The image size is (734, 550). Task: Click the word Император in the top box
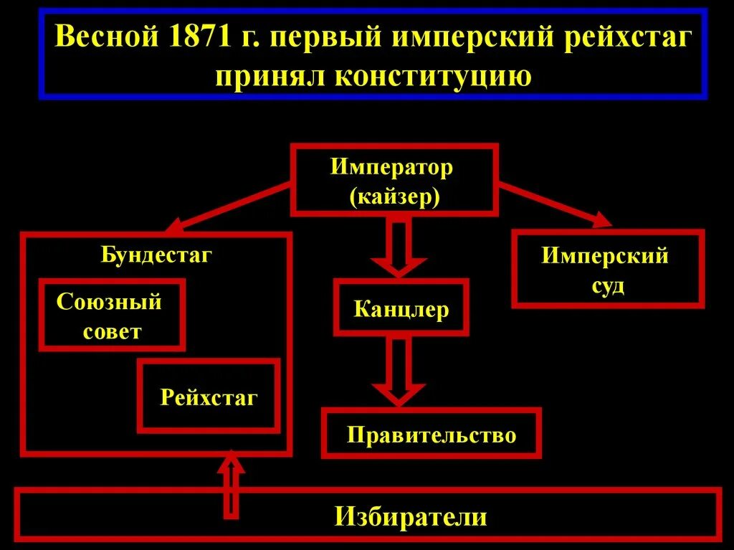coord(392,168)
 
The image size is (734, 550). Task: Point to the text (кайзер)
coord(394,196)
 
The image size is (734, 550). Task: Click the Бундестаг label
coord(156,255)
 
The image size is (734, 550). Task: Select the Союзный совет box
coord(111,316)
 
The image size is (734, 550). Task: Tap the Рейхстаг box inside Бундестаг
coord(208,397)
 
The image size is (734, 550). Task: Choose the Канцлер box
coord(401,309)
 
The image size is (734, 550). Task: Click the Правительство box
coord(431,434)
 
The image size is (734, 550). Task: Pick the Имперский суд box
coord(607,270)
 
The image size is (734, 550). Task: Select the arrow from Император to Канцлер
coord(398,247)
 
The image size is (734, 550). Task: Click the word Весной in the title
coord(106,37)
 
